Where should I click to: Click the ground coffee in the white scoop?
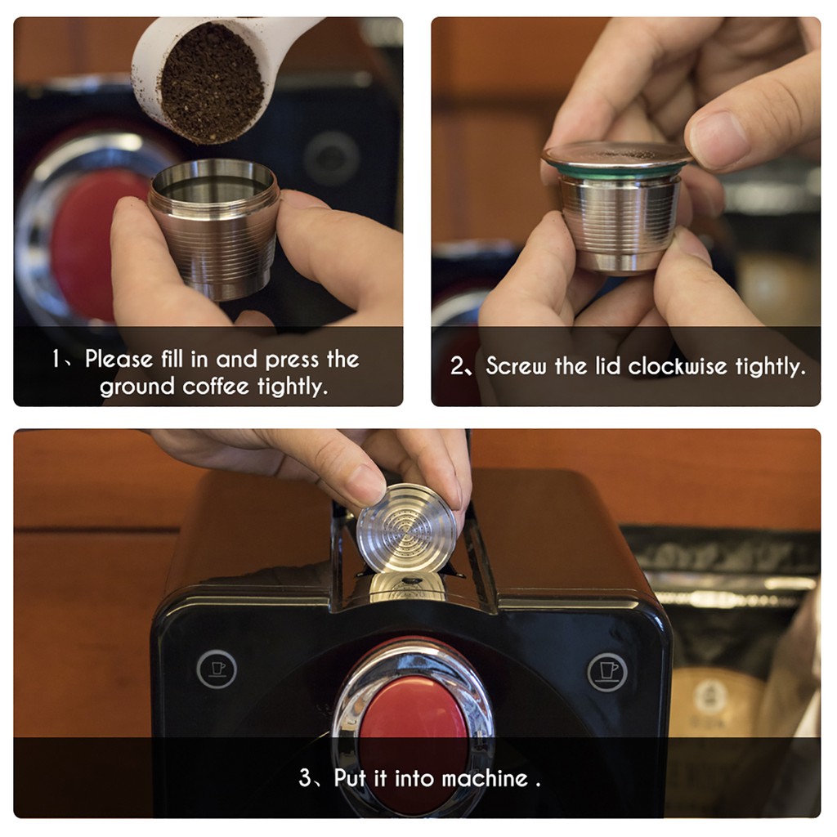[x=212, y=82]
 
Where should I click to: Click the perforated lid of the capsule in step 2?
[x=617, y=154]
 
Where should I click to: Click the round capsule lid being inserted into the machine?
[x=407, y=527]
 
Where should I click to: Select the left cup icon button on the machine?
[x=217, y=669]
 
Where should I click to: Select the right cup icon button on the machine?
[x=607, y=671]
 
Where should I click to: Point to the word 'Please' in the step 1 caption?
[x=119, y=359]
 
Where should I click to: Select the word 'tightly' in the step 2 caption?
[x=768, y=366]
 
